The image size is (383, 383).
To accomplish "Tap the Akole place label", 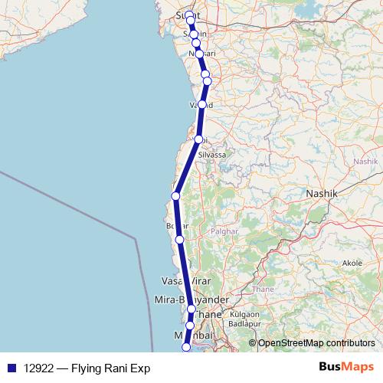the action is [x=352, y=263].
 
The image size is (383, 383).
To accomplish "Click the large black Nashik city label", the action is [x=322, y=195].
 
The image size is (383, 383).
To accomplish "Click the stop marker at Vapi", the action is [x=199, y=139].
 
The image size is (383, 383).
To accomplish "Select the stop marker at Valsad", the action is [x=202, y=104].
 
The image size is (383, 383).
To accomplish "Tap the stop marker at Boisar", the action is [x=179, y=240].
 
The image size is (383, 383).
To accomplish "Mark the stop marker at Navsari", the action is [x=199, y=54].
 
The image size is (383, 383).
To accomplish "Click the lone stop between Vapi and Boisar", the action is [x=175, y=196].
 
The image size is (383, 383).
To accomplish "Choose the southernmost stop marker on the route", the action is [x=185, y=349].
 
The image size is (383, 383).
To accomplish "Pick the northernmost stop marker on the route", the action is [x=189, y=15].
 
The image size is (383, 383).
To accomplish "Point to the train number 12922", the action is [x=39, y=368].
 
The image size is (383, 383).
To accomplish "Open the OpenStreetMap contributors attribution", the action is [x=316, y=342].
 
